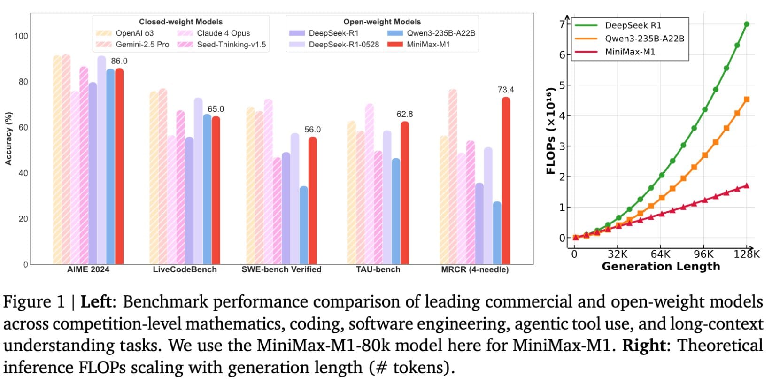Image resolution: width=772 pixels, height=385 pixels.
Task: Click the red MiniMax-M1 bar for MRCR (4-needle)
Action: pos(506,181)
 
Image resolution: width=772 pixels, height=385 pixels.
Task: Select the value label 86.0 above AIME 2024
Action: pos(119,61)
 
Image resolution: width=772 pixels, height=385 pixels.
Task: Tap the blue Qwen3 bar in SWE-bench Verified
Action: pos(304,225)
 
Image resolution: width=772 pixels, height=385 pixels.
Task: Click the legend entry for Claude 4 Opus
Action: pos(223,33)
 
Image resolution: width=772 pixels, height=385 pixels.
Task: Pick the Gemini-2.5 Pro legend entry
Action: pos(142,45)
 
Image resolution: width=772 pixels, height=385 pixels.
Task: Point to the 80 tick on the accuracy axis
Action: pos(23,82)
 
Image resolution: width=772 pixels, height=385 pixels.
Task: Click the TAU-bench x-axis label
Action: pos(378,269)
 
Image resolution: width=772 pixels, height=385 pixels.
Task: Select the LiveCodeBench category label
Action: pos(185,269)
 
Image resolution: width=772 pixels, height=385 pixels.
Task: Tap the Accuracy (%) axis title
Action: pos(8,139)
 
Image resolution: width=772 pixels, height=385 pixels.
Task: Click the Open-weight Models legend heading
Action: pos(382,22)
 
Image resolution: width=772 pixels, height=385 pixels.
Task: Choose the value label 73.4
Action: pos(506,90)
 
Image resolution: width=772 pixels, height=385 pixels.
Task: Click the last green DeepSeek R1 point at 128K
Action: pos(747,24)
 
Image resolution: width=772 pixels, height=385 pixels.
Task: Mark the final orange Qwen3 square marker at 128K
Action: pos(747,100)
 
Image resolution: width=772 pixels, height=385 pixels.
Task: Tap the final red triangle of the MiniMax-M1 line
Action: pos(747,185)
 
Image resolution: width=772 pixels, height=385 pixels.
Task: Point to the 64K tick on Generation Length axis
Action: pos(661,254)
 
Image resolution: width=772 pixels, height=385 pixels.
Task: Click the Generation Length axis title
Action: pos(661,267)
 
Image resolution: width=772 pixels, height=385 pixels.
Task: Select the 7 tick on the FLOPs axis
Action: pos(562,24)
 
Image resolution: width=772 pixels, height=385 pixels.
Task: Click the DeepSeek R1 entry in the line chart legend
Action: pos(633,25)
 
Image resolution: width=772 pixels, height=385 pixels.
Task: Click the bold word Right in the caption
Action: pos(642,346)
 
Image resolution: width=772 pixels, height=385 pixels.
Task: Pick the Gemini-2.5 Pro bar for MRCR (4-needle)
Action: pos(453,176)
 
